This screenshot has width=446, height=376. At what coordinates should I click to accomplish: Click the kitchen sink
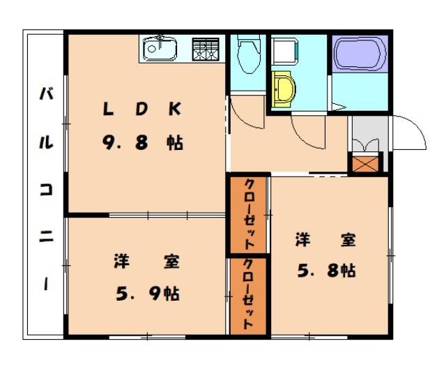pos(161,49)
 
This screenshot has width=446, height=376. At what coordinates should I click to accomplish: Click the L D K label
pos(142,109)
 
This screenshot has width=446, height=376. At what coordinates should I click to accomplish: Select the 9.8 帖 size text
pos(142,144)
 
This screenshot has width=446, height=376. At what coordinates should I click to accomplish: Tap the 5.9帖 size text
pos(147,294)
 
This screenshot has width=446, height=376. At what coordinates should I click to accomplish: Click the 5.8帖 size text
pos(327,271)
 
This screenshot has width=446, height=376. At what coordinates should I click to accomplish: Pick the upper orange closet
pos(249,214)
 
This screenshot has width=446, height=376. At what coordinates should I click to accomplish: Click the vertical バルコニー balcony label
pos(45,188)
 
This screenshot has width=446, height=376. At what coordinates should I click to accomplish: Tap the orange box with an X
pos(365,164)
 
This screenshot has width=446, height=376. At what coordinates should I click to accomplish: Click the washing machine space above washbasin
pos(284,51)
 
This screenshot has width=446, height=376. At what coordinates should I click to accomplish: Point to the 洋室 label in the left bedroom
pos(147,262)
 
